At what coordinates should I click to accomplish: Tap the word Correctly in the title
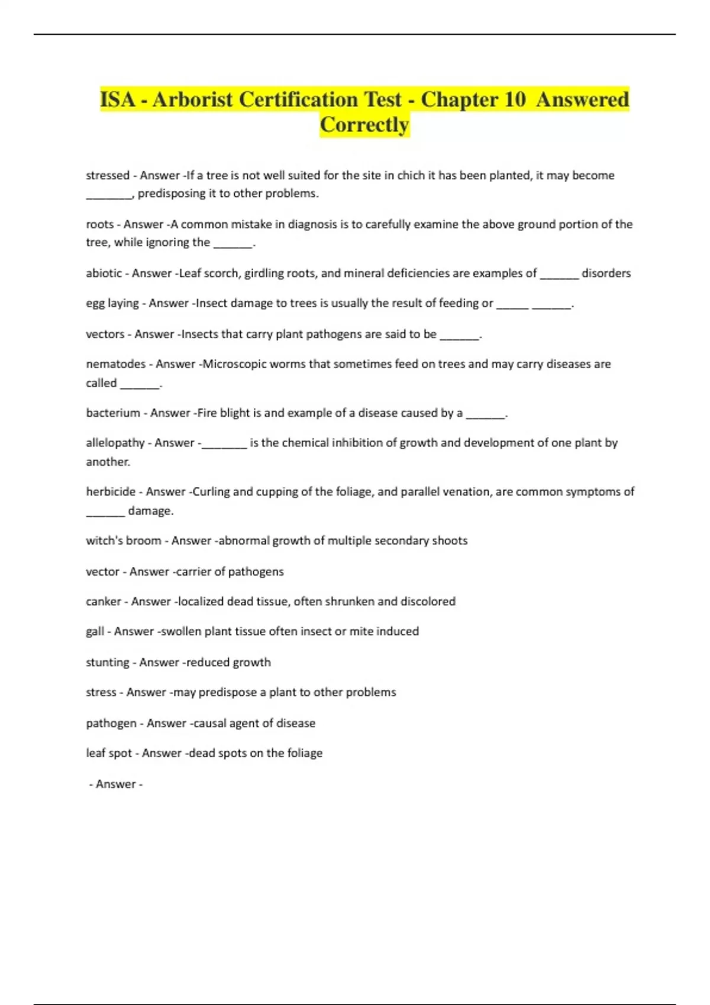pyautogui.click(x=364, y=125)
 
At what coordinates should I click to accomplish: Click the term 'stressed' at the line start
pyautogui.click(x=108, y=176)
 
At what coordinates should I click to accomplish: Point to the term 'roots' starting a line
pyautogui.click(x=100, y=225)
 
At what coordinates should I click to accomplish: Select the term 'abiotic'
pyautogui.click(x=104, y=273)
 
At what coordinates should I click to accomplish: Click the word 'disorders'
pyautogui.click(x=606, y=273)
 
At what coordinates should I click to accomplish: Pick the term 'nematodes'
pyautogui.click(x=116, y=364)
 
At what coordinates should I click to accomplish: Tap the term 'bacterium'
pyautogui.click(x=113, y=413)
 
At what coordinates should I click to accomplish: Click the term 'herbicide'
pyautogui.click(x=111, y=492)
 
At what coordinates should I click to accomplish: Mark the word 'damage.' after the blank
pyautogui.click(x=151, y=511)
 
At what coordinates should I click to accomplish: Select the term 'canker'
pyautogui.click(x=104, y=602)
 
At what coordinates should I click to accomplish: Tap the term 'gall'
pyautogui.click(x=95, y=631)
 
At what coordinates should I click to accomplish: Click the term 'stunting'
pyautogui.click(x=108, y=663)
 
